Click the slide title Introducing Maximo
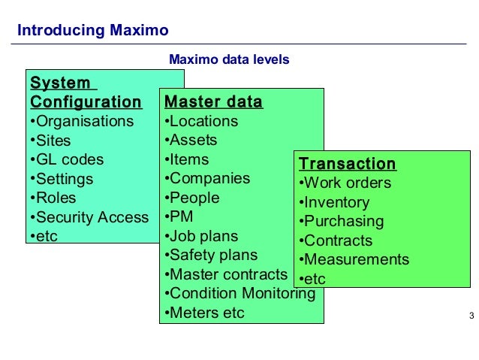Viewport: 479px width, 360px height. click(x=92, y=31)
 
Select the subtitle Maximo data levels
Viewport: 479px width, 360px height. click(x=229, y=59)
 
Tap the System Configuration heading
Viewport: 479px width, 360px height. click(x=86, y=92)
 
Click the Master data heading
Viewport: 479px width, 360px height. click(x=213, y=101)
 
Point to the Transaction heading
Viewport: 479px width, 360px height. click(x=347, y=164)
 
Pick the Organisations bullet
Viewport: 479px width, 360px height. click(x=81, y=121)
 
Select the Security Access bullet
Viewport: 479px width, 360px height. click(x=89, y=217)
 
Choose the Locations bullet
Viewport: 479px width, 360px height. click(x=200, y=121)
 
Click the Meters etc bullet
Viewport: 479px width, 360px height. click(x=203, y=313)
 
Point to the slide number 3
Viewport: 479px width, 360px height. click(x=471, y=314)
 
